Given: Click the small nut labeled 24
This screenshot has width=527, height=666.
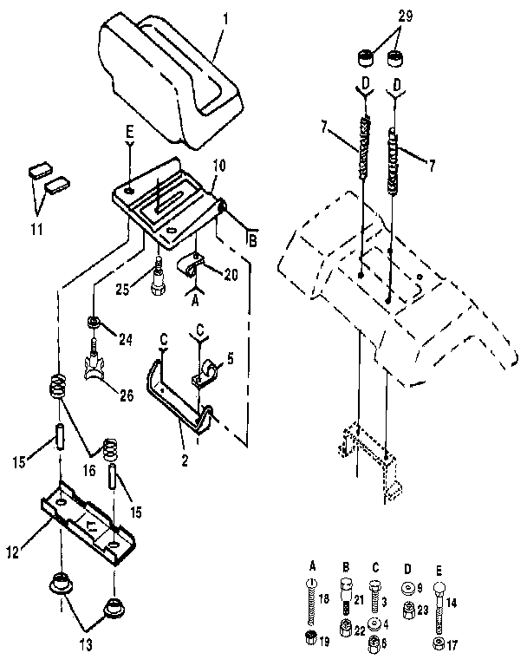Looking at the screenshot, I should point(94,324).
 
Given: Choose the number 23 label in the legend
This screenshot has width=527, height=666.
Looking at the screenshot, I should point(423,609).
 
